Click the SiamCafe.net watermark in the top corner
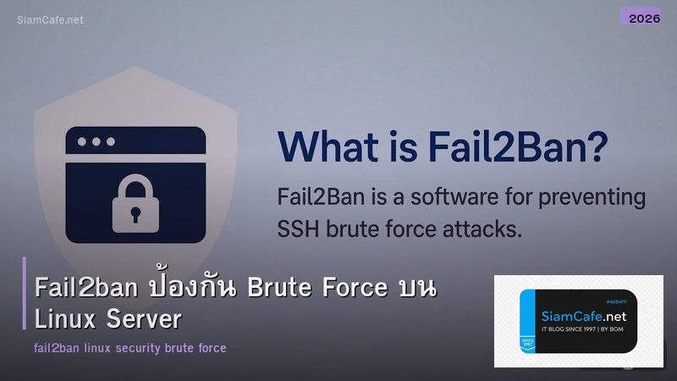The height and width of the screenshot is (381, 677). click(x=50, y=19)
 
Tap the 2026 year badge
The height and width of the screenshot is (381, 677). click(x=645, y=17)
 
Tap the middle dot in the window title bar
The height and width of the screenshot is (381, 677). click(x=96, y=141)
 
